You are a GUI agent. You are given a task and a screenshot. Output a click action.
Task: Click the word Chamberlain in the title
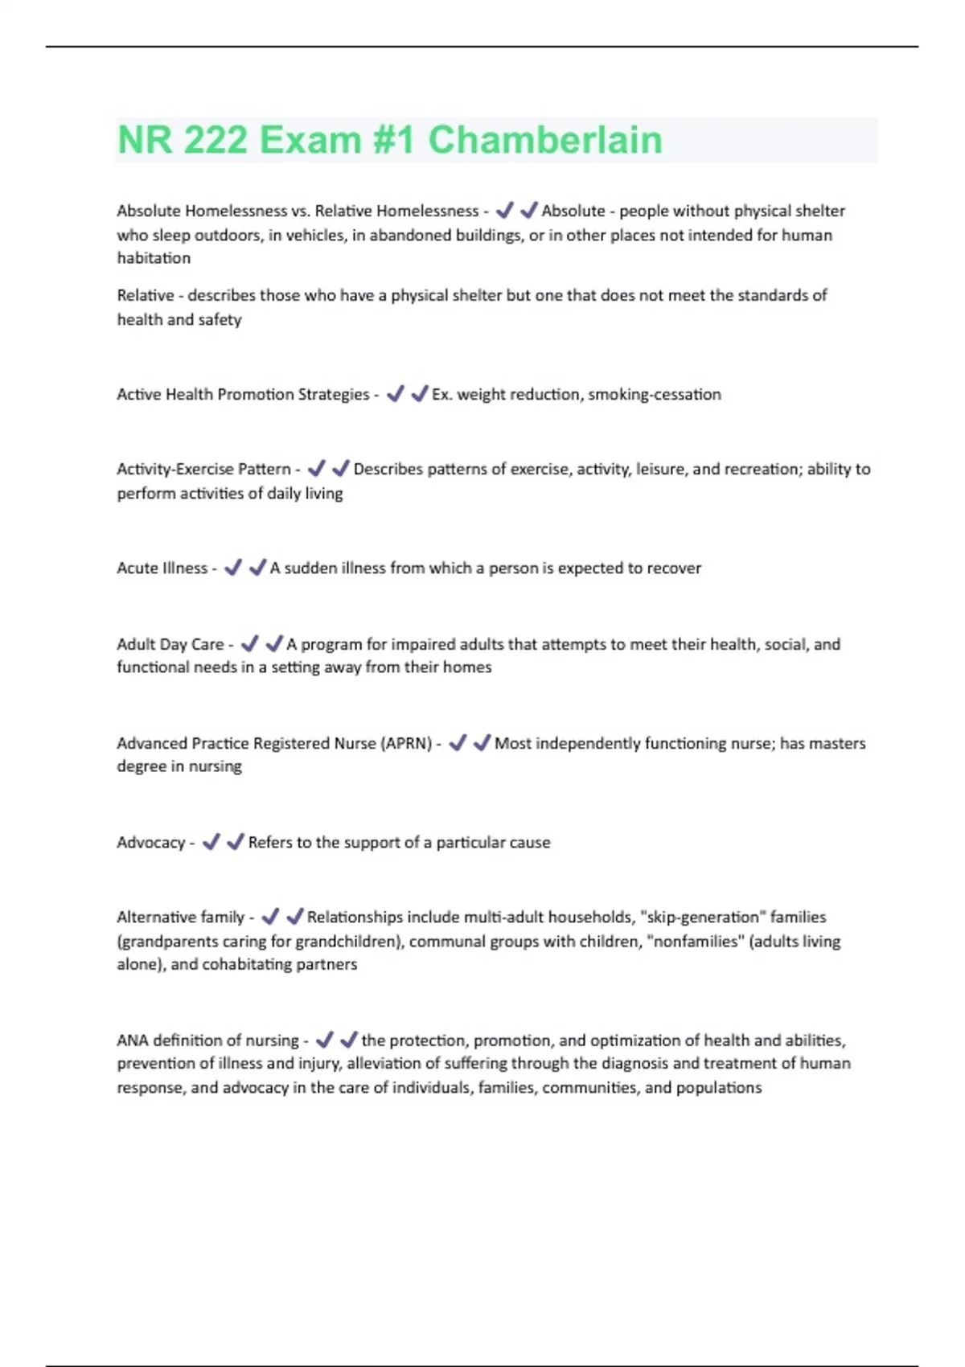[x=544, y=140]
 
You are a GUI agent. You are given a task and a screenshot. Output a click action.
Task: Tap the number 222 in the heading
[x=215, y=140]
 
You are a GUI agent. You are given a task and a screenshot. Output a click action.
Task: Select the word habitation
[x=154, y=258]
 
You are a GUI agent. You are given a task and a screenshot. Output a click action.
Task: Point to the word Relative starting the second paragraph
[x=145, y=295]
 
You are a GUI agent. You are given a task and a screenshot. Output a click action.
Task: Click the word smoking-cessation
[x=655, y=394]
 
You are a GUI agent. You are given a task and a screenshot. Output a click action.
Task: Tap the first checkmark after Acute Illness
[x=233, y=568]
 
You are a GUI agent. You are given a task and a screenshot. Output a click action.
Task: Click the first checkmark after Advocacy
[x=211, y=842]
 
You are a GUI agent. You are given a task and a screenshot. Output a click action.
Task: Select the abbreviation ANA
[x=132, y=1041]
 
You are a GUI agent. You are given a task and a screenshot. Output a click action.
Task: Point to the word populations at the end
[x=718, y=1088]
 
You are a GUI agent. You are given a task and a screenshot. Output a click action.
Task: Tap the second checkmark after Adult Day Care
[x=274, y=644]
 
